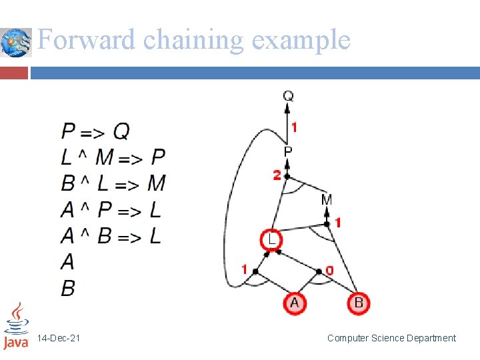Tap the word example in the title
(301, 41)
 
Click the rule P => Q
(95, 131)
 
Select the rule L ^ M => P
(113, 157)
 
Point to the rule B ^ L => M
(113, 183)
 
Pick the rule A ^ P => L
(111, 210)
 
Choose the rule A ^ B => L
(111, 235)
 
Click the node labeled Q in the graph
(288, 97)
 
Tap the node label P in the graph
(288, 152)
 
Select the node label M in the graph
(327, 199)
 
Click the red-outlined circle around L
(271, 239)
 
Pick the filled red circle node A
(295, 303)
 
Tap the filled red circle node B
(359, 303)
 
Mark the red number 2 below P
(277, 175)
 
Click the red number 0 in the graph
(329, 270)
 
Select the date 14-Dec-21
(59, 339)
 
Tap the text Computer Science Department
(391, 338)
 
